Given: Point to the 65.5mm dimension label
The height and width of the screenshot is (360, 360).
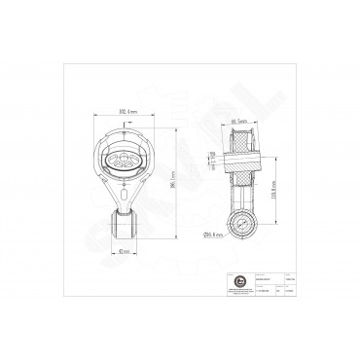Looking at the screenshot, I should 237,121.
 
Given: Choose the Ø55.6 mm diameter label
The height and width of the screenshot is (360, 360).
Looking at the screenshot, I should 209,234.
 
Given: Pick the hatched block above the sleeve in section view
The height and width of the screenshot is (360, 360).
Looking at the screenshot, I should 241,135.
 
